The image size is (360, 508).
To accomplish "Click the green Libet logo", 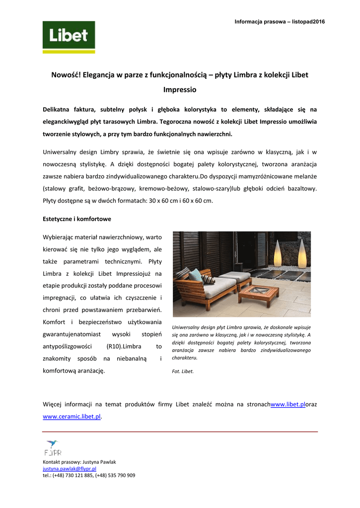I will tap(69, 37).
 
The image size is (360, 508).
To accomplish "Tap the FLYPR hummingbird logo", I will tap(52, 447).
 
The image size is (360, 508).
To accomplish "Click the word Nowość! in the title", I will tap(66, 75).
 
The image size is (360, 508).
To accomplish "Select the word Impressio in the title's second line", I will tap(180, 90).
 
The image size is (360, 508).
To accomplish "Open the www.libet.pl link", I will tap(288, 404).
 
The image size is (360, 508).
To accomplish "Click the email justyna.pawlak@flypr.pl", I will tap(70, 468).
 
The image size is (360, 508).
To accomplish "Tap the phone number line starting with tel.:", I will tap(89, 475).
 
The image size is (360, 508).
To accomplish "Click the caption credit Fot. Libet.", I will tap(183, 371).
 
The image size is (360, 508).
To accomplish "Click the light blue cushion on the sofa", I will tap(196, 274).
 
